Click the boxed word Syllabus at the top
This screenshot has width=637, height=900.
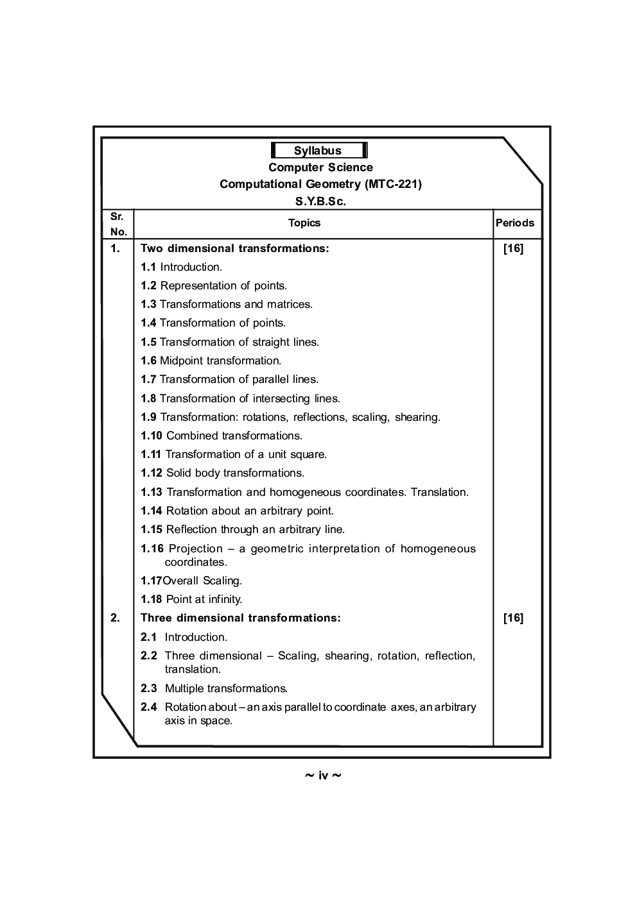(x=318, y=151)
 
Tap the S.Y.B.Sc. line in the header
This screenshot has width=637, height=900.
(x=320, y=201)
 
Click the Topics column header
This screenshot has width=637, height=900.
(x=304, y=223)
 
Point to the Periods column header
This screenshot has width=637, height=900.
(x=514, y=223)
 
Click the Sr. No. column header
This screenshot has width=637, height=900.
(x=118, y=224)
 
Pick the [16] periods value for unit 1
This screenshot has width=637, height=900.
(x=513, y=248)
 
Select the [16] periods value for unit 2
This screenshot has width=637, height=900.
(x=513, y=618)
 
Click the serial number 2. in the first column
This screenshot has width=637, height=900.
(x=115, y=618)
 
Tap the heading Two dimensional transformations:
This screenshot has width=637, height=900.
(x=234, y=248)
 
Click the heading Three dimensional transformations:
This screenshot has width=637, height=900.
(x=240, y=618)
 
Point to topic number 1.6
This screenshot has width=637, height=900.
(x=148, y=361)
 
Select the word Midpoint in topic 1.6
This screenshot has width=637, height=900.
(x=181, y=361)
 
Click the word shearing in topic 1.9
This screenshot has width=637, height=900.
(x=417, y=417)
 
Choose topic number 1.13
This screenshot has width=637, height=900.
(x=151, y=492)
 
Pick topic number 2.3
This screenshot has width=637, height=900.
(x=148, y=688)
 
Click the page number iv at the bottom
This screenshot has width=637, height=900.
(x=322, y=776)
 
